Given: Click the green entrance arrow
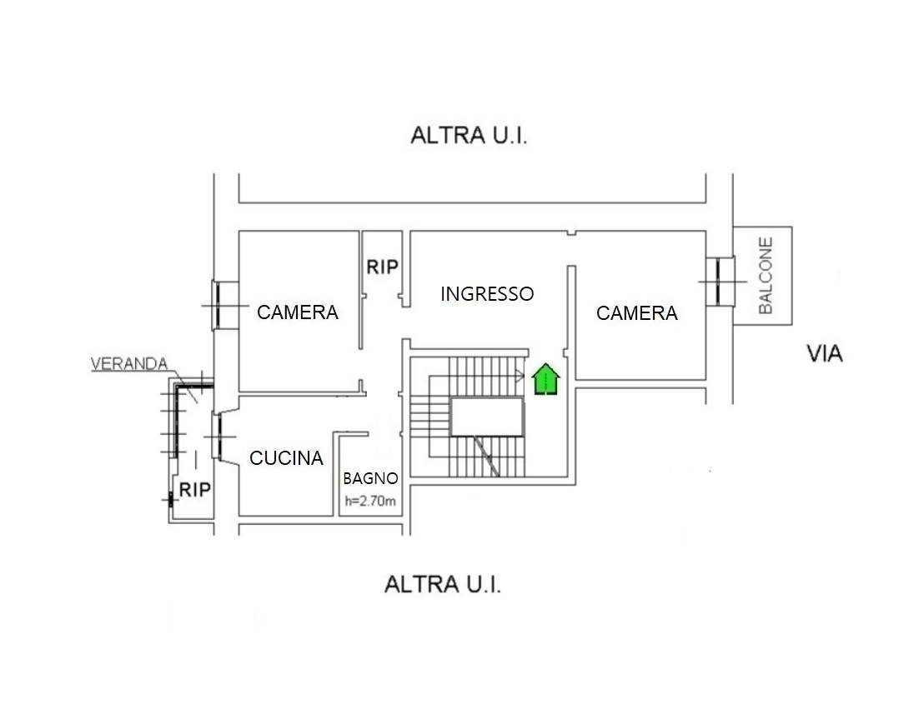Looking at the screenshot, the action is pyautogui.click(x=545, y=379).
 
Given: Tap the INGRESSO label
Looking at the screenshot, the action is pyautogui.click(x=487, y=294).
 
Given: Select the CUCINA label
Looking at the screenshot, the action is pyautogui.click(x=286, y=458).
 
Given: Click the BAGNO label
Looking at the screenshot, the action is pyautogui.click(x=370, y=478).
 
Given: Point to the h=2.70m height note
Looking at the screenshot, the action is pyautogui.click(x=370, y=501).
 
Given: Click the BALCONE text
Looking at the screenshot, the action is pyautogui.click(x=766, y=276).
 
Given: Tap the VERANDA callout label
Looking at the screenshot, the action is pyautogui.click(x=129, y=364).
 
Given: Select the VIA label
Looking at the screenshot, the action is pyautogui.click(x=825, y=354).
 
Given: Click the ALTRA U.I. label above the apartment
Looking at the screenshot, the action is pyautogui.click(x=469, y=135).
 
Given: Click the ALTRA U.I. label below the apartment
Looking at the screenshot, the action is pyautogui.click(x=443, y=585).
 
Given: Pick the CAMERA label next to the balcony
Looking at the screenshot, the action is pyautogui.click(x=637, y=313).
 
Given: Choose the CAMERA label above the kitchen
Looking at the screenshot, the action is pyautogui.click(x=298, y=312).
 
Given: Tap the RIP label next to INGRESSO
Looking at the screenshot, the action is pyautogui.click(x=383, y=267).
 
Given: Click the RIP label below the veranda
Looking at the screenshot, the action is pyautogui.click(x=195, y=490).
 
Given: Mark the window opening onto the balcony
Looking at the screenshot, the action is pyautogui.click(x=719, y=282).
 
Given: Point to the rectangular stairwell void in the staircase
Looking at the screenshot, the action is pyautogui.click(x=487, y=417).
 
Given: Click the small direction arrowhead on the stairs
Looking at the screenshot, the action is pyautogui.click(x=520, y=375).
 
